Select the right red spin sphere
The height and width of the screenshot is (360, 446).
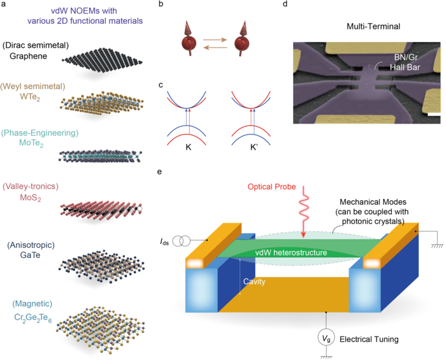(x=246, y=46)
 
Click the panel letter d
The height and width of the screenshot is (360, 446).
(x=284, y=8)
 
